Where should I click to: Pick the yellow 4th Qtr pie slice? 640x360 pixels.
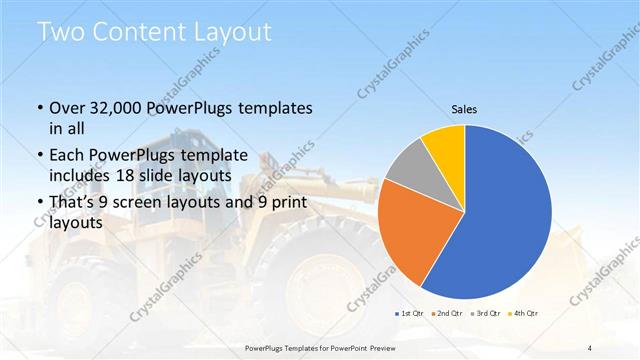[x=443, y=144]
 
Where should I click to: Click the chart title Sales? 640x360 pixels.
[x=463, y=108]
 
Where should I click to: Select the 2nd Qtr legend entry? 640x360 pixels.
[x=447, y=314]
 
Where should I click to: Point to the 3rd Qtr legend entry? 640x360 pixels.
[x=485, y=314]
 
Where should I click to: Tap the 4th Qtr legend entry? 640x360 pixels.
[x=523, y=314]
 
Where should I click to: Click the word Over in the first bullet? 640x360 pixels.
[x=67, y=108]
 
